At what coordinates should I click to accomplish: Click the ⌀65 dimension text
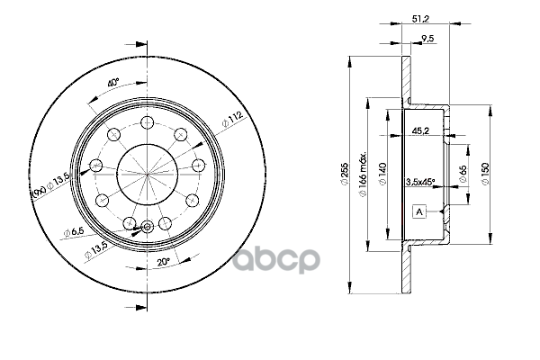[x=462, y=172]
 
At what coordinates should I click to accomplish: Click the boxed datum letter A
[x=420, y=211]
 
